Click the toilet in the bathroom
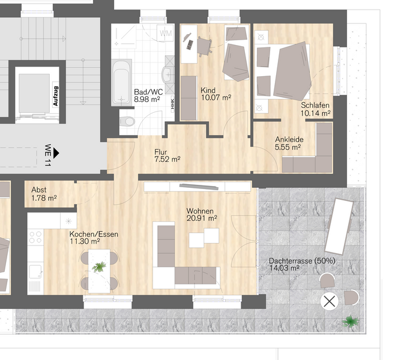point(127,122)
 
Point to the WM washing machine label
point(166,32)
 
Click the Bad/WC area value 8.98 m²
point(146,100)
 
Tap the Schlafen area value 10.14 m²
point(316,113)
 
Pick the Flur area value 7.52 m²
point(167,159)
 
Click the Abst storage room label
point(40,190)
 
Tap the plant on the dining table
point(99,266)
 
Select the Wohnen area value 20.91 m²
point(201,218)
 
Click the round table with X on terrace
point(330,301)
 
